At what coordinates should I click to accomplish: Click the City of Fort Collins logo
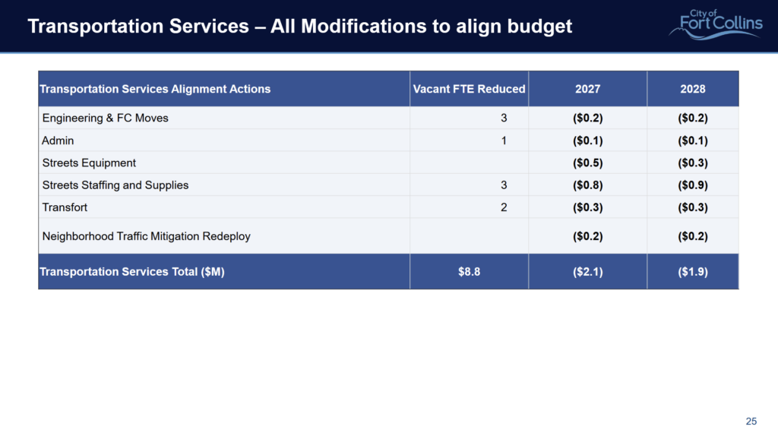716,24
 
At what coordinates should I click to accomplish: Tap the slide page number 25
751,421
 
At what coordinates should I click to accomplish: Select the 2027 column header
587,89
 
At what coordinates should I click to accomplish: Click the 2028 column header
693,89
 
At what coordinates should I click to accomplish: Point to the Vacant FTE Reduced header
469,89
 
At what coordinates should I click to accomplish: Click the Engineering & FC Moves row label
105,118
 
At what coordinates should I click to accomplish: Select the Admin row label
58,141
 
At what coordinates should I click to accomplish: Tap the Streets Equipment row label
89,163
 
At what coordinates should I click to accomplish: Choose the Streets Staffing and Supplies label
115,185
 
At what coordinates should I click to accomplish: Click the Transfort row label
65,207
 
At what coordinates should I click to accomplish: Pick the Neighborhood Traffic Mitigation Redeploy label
147,236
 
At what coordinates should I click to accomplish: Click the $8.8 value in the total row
469,272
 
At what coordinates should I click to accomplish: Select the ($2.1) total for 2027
587,272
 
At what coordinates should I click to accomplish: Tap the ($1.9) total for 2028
693,272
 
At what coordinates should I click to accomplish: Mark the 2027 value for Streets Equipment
587,163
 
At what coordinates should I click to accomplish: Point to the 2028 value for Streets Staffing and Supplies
693,185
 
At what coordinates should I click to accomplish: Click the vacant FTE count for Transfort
504,207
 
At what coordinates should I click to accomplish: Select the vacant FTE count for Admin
504,141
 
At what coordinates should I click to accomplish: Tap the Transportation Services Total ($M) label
132,272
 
